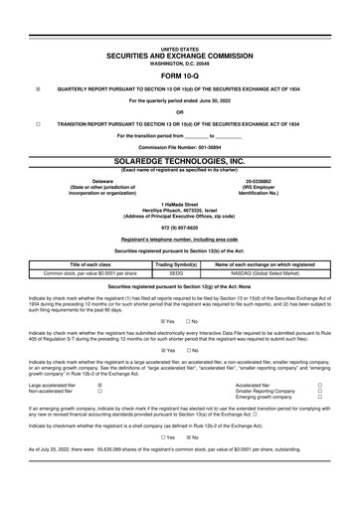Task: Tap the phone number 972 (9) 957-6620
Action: pos(179,227)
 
